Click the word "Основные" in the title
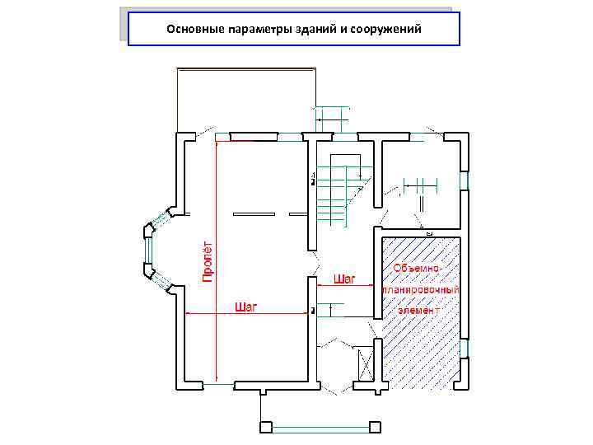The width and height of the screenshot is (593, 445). pos(192,30)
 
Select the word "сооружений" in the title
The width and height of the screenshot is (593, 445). pos(387,30)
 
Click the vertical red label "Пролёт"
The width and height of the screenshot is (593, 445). pos(208,262)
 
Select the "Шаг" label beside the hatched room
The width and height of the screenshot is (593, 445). pos(344,279)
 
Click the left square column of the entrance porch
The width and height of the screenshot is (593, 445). pos(265,427)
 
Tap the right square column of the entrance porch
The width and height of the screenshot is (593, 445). pos(376,427)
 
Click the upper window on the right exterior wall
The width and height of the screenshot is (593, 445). pos(464,180)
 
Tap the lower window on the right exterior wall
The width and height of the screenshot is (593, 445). pos(464,349)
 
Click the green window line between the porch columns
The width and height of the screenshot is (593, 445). pos(320,428)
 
